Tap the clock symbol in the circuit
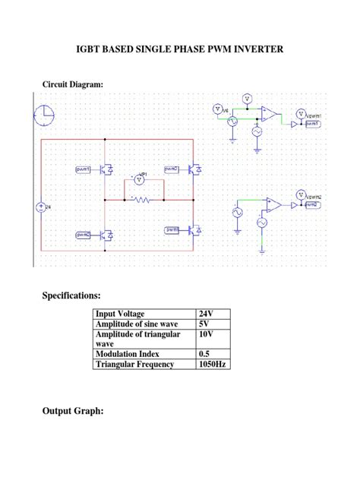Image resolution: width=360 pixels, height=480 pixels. click(x=44, y=115)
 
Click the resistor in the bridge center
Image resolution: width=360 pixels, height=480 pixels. click(x=141, y=200)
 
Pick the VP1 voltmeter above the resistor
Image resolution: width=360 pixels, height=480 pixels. click(x=138, y=178)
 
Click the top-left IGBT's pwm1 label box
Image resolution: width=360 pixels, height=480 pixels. click(x=83, y=169)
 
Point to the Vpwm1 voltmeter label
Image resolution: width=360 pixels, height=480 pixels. click(x=313, y=117)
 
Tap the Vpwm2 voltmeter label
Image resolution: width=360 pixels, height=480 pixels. click(x=313, y=197)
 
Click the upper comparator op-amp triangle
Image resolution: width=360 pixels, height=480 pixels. click(x=269, y=114)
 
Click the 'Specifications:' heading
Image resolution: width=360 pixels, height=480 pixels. click(x=71, y=295)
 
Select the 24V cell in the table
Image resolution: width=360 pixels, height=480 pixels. click(x=206, y=314)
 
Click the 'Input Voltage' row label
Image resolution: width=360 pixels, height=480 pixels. click(x=120, y=314)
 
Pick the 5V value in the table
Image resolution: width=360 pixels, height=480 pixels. click(x=204, y=324)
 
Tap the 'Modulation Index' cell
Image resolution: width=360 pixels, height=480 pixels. click(x=126, y=354)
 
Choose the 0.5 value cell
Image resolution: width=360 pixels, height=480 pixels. click(x=204, y=354)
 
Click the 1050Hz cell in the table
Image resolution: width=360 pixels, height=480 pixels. click(x=212, y=365)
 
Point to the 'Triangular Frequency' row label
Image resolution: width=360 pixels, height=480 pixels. click(x=134, y=365)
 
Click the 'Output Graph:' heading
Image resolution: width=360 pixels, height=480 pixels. click(x=73, y=411)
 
